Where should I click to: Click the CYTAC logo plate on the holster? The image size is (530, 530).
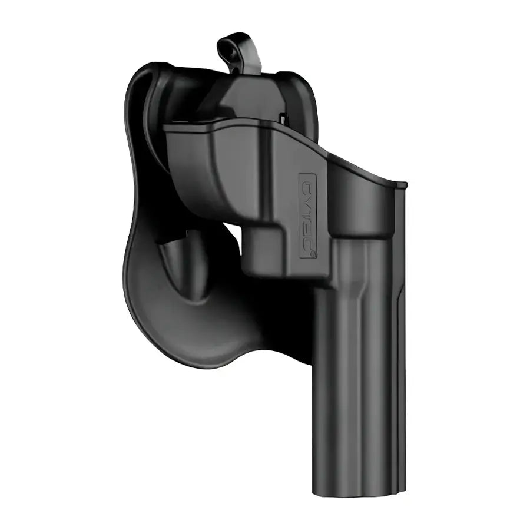click(308, 216)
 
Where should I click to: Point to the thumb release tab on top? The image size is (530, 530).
click(238, 53)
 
